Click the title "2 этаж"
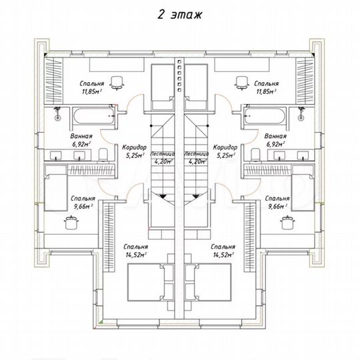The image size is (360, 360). [x=179, y=15]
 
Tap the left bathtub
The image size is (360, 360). [x=94, y=116]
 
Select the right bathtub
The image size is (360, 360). [x=265, y=116]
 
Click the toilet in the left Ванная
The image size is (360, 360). [x=103, y=155]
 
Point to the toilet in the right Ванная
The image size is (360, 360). [x=256, y=155]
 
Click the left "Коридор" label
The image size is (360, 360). [x=134, y=147]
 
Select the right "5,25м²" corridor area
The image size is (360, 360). [x=226, y=155]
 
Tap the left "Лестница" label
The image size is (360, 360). [x=162, y=153]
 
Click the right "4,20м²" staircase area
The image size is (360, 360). [x=197, y=161]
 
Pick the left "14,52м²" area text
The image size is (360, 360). [x=136, y=255]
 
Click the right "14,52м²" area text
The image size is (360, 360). [x=223, y=255]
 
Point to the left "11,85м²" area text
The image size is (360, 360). [x=91, y=92]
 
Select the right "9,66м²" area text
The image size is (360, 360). [x=277, y=207]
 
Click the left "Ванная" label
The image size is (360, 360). [x=81, y=136]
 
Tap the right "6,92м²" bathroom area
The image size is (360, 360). [x=275, y=145]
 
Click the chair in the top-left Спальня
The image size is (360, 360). [x=117, y=83]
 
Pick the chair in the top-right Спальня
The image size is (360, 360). [x=242, y=83]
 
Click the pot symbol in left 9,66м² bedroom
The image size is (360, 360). [x=71, y=223]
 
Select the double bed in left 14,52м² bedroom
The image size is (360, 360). [x=146, y=282]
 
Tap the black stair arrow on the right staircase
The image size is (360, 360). [x=196, y=196]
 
